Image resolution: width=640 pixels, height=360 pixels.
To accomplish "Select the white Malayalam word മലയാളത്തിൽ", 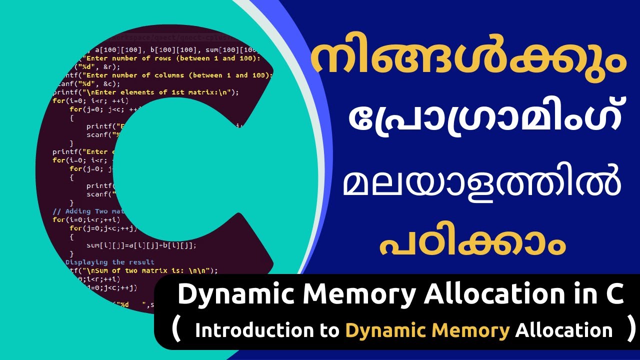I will point(482,185).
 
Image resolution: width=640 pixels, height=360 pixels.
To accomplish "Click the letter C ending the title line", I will point(613,295).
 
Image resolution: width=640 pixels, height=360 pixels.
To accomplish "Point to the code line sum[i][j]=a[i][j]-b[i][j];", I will point(141,245).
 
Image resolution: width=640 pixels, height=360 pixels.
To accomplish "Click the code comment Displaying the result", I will point(110,262).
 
